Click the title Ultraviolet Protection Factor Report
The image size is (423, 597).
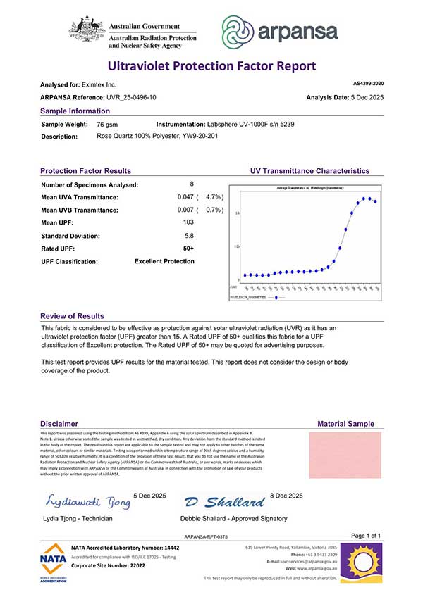(211, 66)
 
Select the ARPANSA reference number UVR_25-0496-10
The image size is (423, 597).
(130, 97)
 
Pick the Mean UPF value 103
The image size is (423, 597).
(188, 222)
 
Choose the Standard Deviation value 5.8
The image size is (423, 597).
(188, 235)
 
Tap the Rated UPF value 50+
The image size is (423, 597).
(188, 248)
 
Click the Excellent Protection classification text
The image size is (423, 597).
(164, 261)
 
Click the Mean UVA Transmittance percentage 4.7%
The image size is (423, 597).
(214, 197)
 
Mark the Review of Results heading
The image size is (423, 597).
(72, 316)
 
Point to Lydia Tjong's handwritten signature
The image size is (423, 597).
(88, 502)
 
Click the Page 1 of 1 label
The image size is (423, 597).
(365, 536)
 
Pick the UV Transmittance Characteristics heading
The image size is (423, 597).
(309, 171)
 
